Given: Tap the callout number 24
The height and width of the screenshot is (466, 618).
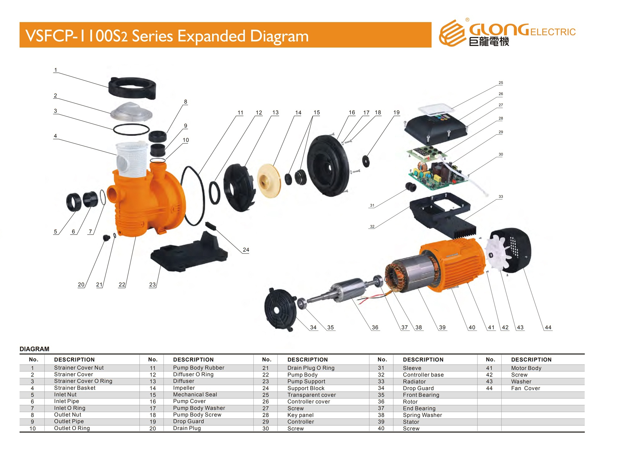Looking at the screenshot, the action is tap(246, 250).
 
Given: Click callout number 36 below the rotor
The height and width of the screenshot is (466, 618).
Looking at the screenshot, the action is tap(375, 327).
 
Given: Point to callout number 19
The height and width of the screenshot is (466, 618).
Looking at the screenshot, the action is tap(396, 112).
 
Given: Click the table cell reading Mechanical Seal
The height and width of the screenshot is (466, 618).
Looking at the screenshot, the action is tap(195, 395).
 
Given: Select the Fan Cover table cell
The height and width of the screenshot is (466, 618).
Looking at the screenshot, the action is tap(526, 388).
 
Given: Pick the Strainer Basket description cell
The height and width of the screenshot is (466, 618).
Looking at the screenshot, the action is tap(74, 388).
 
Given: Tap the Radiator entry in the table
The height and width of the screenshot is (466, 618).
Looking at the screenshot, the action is tap(414, 381).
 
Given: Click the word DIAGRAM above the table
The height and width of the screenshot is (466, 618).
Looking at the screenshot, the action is tap(34, 349).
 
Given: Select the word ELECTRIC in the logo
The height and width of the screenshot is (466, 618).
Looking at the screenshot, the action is tap(553, 32).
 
